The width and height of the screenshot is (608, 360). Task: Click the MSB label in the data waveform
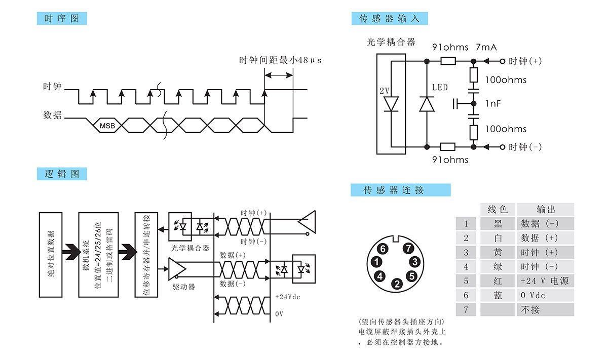coord(107,125)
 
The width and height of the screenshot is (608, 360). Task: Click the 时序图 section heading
coord(62,19)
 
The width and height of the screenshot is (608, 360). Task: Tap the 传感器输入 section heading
coord(389,19)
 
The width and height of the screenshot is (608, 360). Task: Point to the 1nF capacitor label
coord(493,103)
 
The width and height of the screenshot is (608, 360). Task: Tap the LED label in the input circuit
coord(440,88)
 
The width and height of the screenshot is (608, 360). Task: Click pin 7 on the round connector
coord(409,249)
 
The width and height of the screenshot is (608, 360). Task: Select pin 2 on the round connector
coord(397,284)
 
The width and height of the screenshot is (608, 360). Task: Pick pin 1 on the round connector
coord(376,262)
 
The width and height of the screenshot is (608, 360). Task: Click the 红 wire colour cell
coord(498,281)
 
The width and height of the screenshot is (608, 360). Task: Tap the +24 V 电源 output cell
coord(545,281)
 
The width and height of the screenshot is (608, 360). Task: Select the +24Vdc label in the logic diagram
coord(287,297)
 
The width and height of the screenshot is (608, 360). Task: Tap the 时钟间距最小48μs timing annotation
coord(280,60)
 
